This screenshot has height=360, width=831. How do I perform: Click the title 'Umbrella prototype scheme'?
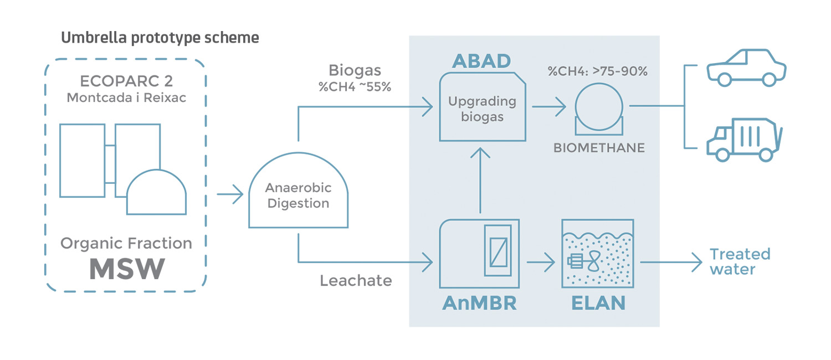point(160,38)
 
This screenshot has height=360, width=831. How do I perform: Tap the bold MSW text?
point(127,269)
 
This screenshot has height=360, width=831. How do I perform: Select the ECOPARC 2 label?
point(126,81)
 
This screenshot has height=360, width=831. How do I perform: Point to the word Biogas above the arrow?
point(354,71)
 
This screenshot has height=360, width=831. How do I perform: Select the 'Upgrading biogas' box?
point(482,109)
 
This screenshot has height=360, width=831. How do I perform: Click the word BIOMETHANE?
point(599,148)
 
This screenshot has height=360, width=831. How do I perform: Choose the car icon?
point(746,68)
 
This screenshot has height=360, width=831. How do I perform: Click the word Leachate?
point(356,280)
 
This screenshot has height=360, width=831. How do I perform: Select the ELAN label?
point(597,303)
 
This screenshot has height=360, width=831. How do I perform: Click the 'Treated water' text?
point(740,261)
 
